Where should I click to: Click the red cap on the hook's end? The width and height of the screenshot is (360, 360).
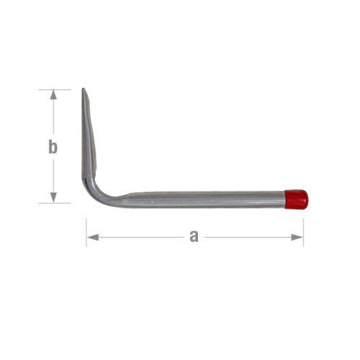[x=296, y=199]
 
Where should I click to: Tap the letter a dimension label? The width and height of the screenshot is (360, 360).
[x=194, y=236]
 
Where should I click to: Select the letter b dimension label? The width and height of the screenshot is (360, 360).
[x=53, y=147]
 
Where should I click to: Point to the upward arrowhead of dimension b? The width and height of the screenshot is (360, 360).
[x=53, y=94]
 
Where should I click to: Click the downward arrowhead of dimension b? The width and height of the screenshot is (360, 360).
[x=53, y=198]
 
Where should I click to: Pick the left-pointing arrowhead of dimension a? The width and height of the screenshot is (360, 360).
[x=91, y=237]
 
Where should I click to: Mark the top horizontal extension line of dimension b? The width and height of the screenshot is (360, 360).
[x=55, y=89]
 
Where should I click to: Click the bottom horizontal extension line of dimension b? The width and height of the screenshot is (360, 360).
[x=55, y=203]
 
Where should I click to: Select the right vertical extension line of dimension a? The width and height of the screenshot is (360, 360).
[x=303, y=230]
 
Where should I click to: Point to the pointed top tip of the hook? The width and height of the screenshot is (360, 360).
[x=83, y=90]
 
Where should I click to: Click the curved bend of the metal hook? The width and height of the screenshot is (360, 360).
[x=97, y=194]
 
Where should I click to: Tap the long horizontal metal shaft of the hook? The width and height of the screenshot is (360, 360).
[x=202, y=199]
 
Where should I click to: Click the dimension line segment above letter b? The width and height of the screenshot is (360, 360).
[x=53, y=115]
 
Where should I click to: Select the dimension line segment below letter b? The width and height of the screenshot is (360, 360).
[x=53, y=176]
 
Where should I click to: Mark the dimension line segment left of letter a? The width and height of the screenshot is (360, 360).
[x=137, y=237]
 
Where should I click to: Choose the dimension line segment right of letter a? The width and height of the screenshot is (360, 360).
[x=248, y=237]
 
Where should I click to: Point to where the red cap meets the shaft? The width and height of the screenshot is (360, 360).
[x=285, y=199]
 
